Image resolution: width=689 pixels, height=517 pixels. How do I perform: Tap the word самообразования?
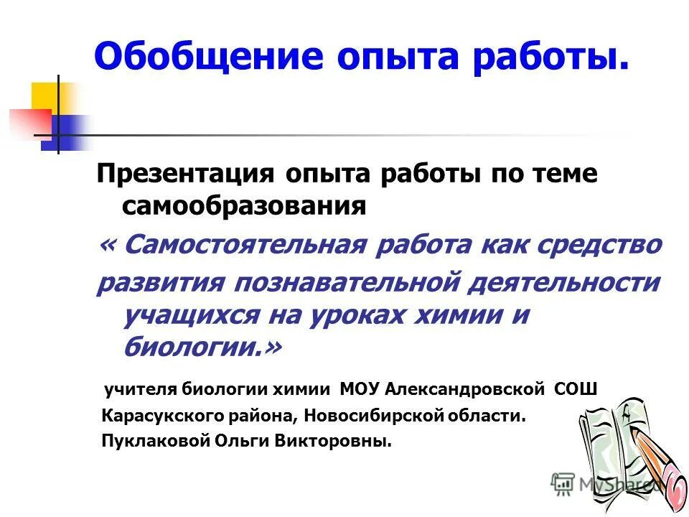click(245, 207)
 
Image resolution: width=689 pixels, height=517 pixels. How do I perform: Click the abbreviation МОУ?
click(357, 389)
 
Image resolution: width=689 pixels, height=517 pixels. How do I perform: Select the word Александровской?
click(467, 389)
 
